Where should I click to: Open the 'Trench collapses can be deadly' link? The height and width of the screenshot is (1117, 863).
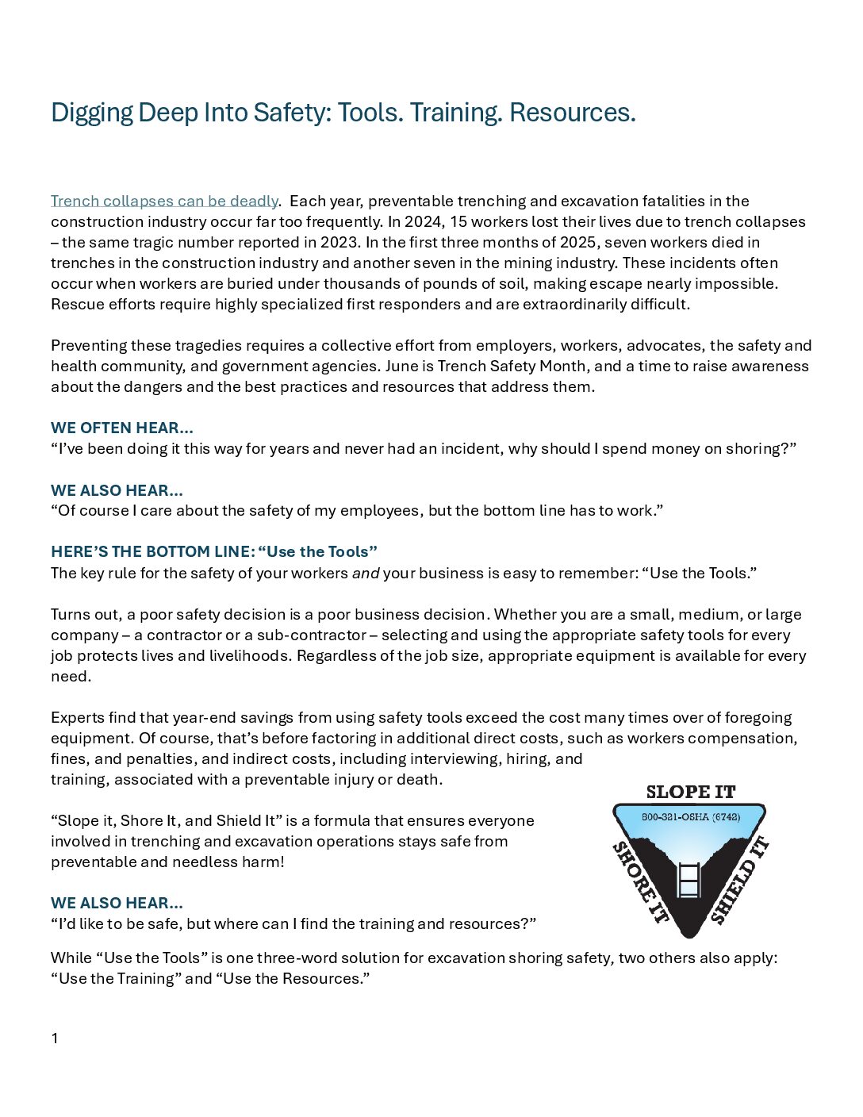164,202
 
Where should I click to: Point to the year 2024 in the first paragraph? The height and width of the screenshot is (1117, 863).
423,222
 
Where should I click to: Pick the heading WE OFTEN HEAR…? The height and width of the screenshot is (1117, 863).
122,428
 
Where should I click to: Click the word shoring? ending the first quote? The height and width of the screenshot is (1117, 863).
761,449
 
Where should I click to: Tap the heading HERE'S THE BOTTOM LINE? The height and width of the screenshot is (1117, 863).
152,552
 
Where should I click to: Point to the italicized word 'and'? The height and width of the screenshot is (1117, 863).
366,574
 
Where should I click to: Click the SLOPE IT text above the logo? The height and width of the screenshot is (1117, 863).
690,792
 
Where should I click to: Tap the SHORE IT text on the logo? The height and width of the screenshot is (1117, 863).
640,882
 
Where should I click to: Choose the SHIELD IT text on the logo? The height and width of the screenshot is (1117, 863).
739,880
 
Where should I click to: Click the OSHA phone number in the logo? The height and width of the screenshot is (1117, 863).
690,817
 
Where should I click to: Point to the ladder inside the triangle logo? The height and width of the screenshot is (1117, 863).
689,880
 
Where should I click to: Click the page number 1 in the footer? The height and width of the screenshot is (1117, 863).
55,1038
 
